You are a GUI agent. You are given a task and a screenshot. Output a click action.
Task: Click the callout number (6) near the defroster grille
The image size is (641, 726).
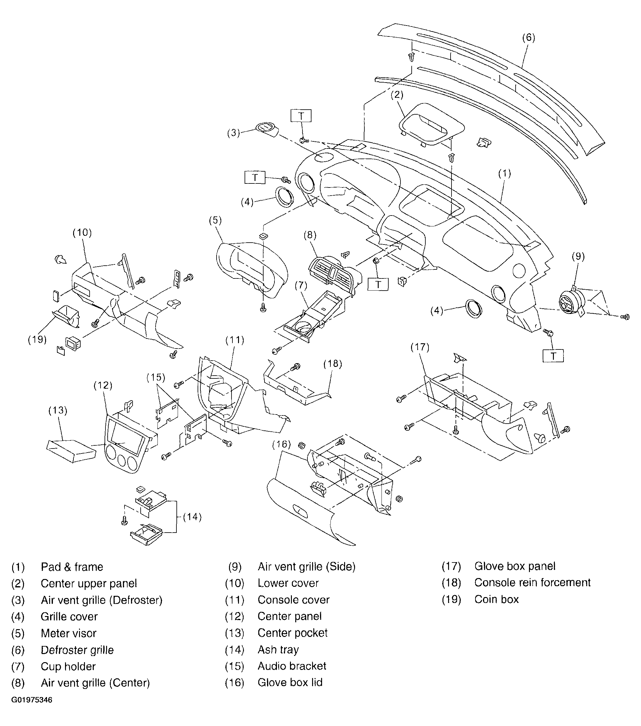(x=528, y=38)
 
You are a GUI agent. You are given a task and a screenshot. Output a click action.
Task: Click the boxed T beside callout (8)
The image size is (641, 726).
(x=378, y=284)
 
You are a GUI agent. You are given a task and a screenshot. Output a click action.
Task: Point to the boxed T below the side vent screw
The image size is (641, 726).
(x=553, y=356)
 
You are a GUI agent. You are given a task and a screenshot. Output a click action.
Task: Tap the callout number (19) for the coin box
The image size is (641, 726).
(x=37, y=339)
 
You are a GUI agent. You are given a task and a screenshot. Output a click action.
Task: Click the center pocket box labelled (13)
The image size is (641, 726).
(x=71, y=451)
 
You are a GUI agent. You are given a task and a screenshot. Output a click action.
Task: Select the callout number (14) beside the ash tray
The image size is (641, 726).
(x=192, y=517)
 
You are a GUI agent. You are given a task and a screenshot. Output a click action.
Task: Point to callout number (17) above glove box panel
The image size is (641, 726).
(x=420, y=347)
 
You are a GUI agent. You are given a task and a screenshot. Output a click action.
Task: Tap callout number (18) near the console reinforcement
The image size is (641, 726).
(x=333, y=364)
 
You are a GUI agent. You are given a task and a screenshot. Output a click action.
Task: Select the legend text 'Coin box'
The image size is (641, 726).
(x=497, y=600)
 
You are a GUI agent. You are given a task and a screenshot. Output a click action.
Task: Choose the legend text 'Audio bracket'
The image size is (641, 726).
(x=292, y=666)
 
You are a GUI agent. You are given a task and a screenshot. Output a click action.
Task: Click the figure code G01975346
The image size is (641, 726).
(x=32, y=700)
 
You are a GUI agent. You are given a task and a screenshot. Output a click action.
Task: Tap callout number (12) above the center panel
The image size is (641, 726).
(x=103, y=385)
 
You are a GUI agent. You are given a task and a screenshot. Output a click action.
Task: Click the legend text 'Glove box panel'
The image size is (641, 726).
(x=515, y=566)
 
